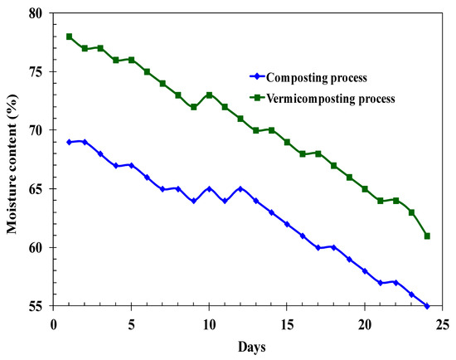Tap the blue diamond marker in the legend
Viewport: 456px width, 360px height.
coord(259,77)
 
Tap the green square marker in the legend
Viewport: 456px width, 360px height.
coord(259,98)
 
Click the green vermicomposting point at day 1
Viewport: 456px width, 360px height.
coord(70,36)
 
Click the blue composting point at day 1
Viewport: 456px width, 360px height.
coord(70,142)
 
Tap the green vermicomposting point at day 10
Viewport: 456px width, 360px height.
coord(209,95)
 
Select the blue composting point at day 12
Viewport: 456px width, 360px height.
coord(240,189)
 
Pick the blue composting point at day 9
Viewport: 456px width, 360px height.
coord(194,201)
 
